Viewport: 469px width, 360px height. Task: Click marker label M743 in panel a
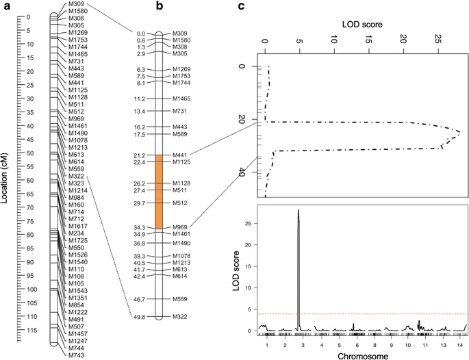point(77,355)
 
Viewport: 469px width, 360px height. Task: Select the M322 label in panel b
point(181,317)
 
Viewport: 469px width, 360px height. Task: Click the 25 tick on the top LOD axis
point(438,41)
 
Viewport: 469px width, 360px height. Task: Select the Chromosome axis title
point(363,355)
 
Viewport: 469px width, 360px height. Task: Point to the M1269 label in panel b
point(182,70)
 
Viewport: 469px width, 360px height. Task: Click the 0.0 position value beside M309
point(141,33)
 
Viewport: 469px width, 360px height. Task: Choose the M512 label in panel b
point(181,203)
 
